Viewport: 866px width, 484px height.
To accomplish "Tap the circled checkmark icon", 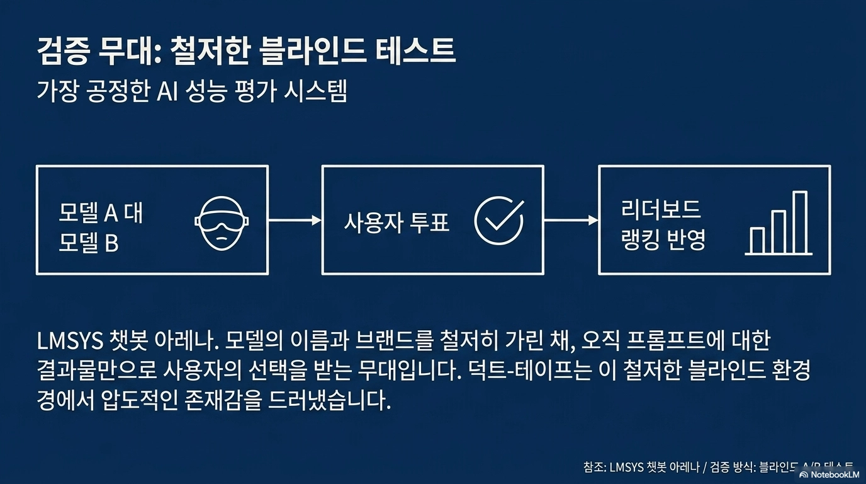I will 498,221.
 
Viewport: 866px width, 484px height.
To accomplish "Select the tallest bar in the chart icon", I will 799,222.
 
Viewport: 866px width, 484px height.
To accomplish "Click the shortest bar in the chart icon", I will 757,240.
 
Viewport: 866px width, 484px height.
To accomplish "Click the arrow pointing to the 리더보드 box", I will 571,221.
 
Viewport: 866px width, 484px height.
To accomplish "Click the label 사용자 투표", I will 396,222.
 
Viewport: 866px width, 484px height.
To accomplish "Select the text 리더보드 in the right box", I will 661,209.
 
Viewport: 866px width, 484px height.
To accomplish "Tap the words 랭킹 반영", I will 663,240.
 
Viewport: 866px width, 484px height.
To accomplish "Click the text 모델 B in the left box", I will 89,243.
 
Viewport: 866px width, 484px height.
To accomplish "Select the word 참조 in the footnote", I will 594,467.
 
